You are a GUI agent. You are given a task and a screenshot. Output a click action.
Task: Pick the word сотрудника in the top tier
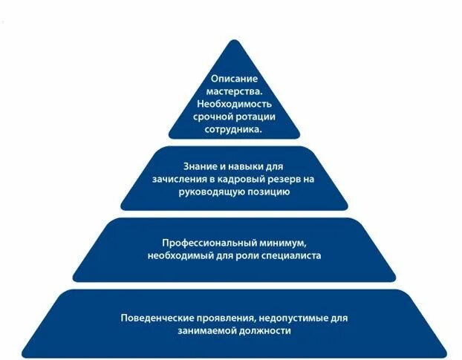point(232,130)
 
